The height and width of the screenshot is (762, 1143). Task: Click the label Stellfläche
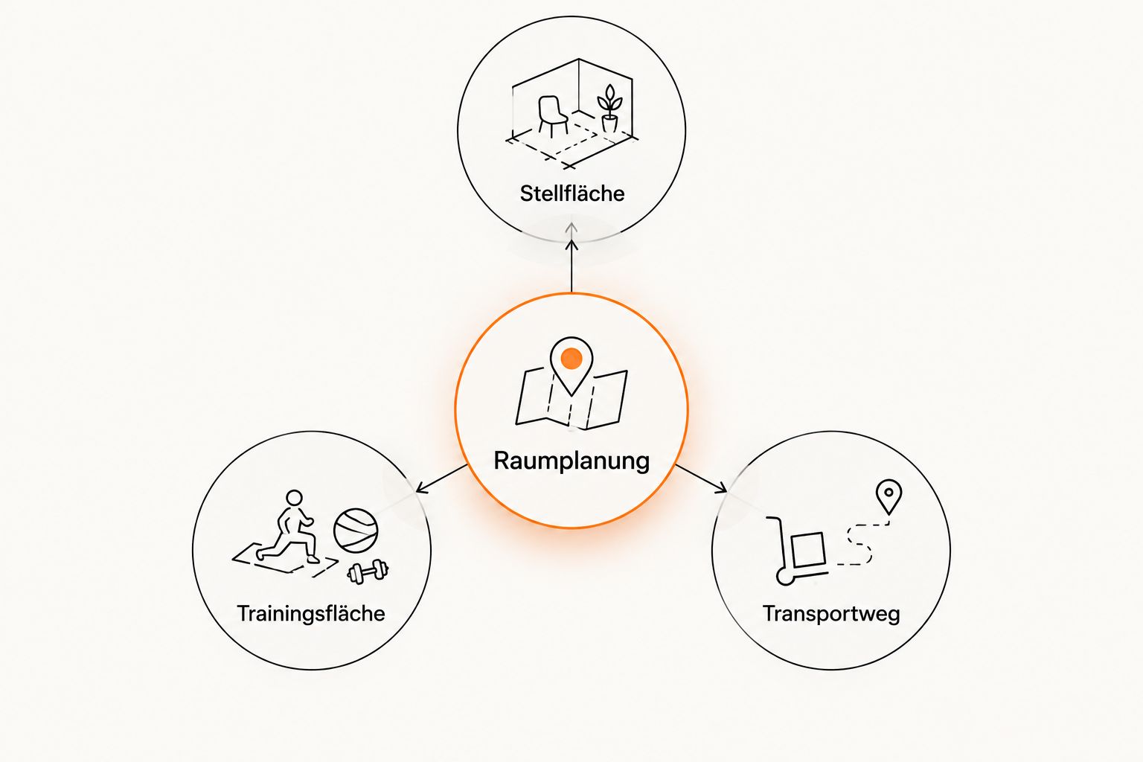(x=572, y=193)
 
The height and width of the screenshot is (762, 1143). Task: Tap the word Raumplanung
(x=571, y=461)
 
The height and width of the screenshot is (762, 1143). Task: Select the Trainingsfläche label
(x=311, y=613)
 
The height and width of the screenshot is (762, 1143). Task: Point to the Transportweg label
(x=831, y=613)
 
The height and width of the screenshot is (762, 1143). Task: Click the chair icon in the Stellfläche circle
(x=552, y=116)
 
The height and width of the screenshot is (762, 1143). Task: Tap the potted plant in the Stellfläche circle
(x=609, y=109)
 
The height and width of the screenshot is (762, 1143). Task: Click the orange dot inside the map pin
(x=571, y=359)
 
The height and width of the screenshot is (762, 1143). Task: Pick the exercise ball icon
(x=356, y=531)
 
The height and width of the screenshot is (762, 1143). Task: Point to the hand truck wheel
(x=785, y=577)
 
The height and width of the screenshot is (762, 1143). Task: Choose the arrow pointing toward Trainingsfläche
(x=442, y=478)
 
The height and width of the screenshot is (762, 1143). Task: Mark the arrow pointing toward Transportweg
(x=701, y=478)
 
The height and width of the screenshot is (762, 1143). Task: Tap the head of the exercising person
(x=294, y=498)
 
